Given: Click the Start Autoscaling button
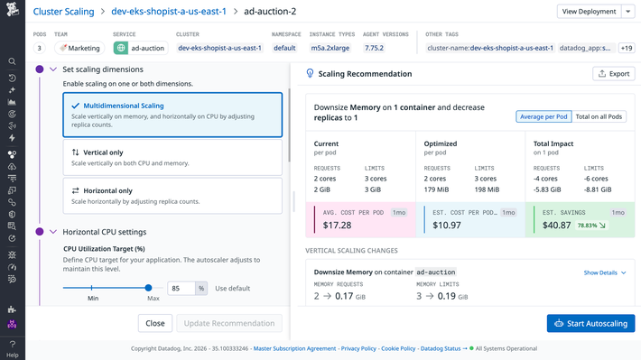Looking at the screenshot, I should click(x=590, y=323).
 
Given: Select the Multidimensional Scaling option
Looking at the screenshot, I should click(x=172, y=112).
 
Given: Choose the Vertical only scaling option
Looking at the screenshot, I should click(x=172, y=158).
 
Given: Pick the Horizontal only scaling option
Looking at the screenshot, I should click(x=172, y=196).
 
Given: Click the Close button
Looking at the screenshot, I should click(x=155, y=323).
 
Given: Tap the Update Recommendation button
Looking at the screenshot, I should click(x=228, y=323).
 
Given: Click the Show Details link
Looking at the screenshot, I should click(x=604, y=272).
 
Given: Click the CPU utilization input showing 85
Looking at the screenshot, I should click(x=181, y=289).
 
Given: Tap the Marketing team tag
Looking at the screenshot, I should click(x=80, y=47).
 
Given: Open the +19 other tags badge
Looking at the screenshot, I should click(x=627, y=47).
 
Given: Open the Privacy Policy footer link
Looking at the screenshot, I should click(x=358, y=348).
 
